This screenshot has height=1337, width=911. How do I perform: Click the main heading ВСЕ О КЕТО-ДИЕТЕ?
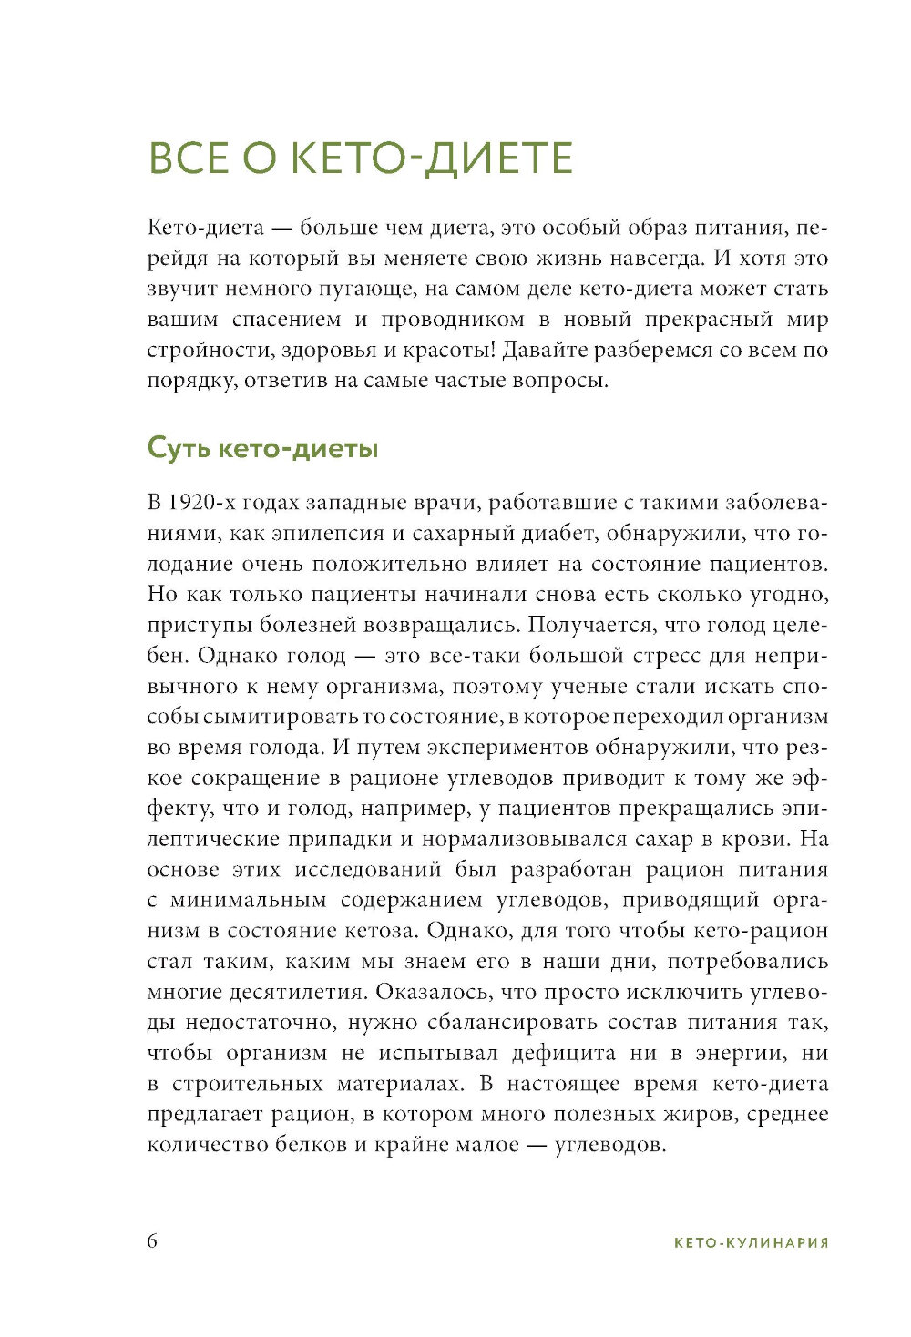click(360, 158)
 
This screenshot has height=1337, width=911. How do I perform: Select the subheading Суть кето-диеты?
click(262, 449)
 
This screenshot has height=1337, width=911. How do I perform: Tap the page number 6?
click(152, 1241)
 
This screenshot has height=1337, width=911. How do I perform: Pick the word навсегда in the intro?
click(638, 258)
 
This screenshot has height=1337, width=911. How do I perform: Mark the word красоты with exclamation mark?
click(449, 350)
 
